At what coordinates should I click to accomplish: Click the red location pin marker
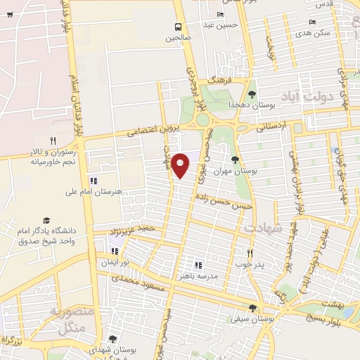181,165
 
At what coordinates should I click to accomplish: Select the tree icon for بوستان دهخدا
252,92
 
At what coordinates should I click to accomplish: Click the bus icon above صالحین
179,27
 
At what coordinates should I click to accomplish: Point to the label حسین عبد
221,26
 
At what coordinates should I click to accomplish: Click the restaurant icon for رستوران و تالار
53,141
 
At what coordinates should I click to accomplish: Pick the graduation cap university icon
46,220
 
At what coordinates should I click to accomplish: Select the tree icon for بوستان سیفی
252,308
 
